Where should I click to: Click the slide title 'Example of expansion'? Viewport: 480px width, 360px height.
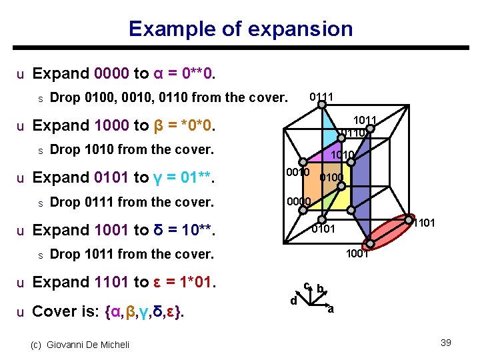click(x=240, y=29)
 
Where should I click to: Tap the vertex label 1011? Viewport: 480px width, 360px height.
click(x=365, y=120)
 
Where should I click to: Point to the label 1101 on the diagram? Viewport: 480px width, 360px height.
click(x=424, y=223)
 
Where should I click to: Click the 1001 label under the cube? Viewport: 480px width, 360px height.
click(x=358, y=253)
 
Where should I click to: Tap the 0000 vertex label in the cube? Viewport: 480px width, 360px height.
click(x=297, y=201)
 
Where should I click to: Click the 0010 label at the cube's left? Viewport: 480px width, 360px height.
click(x=297, y=173)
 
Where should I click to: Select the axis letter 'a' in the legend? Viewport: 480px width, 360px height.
click(x=331, y=309)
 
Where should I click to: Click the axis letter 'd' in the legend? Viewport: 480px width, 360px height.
click(x=293, y=301)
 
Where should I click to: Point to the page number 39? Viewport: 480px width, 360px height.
click(x=446, y=343)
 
